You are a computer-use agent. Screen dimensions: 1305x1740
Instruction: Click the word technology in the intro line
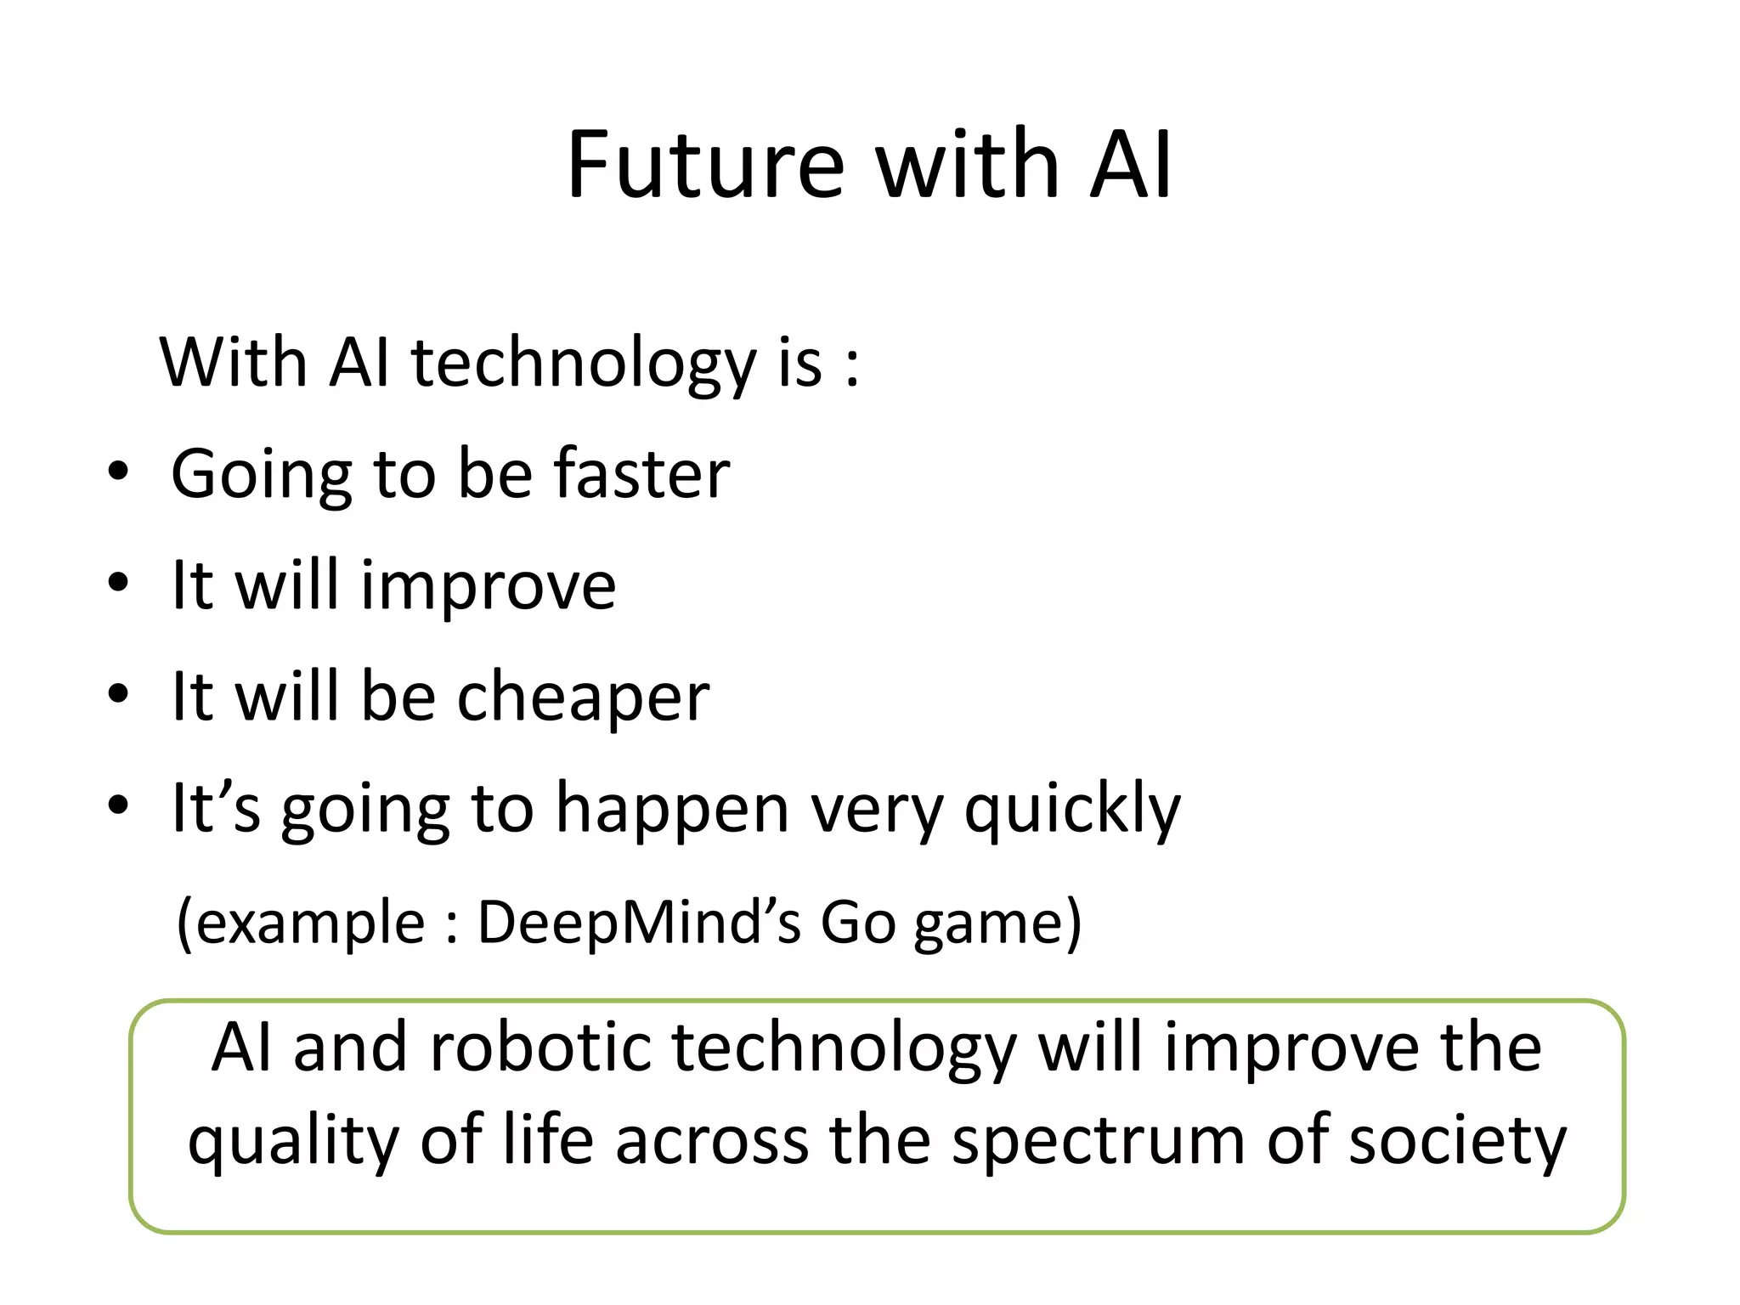[x=584, y=364]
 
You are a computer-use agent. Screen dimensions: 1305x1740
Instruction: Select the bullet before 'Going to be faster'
[x=118, y=472]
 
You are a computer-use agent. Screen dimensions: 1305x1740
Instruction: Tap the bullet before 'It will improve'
[x=118, y=584]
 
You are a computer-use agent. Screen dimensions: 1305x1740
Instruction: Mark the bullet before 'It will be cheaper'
[x=118, y=695]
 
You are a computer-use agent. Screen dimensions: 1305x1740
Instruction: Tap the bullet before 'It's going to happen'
[x=118, y=805]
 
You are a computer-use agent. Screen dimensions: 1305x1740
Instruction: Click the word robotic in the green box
[x=540, y=1048]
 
